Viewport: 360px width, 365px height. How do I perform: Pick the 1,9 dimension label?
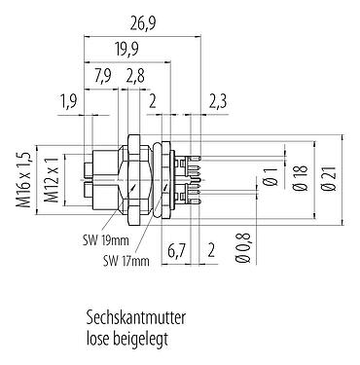(x=67, y=100)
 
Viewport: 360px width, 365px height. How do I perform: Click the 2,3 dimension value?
(x=218, y=100)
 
